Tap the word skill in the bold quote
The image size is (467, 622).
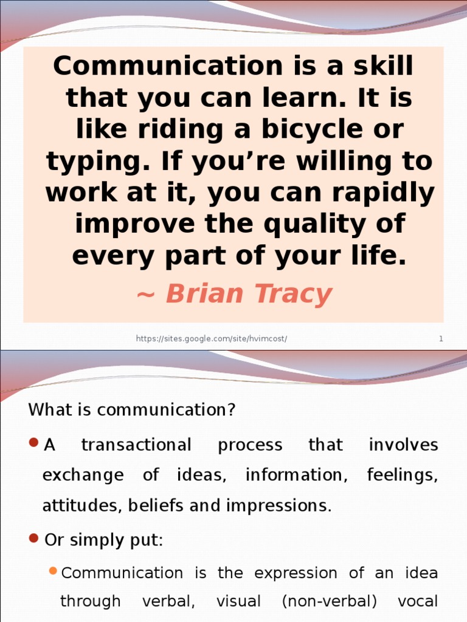click(x=383, y=66)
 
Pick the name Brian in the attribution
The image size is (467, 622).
click(x=204, y=294)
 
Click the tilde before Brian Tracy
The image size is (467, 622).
click(x=146, y=295)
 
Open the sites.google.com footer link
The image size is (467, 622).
click(x=211, y=339)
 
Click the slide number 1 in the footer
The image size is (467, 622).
click(x=441, y=339)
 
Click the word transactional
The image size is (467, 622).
click(x=137, y=445)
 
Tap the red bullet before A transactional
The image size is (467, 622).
click(x=34, y=442)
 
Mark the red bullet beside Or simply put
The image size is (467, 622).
click(x=34, y=538)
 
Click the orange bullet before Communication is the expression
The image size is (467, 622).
click(x=54, y=571)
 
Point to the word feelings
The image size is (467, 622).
click(x=403, y=475)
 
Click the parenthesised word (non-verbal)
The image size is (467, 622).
click(x=329, y=602)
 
